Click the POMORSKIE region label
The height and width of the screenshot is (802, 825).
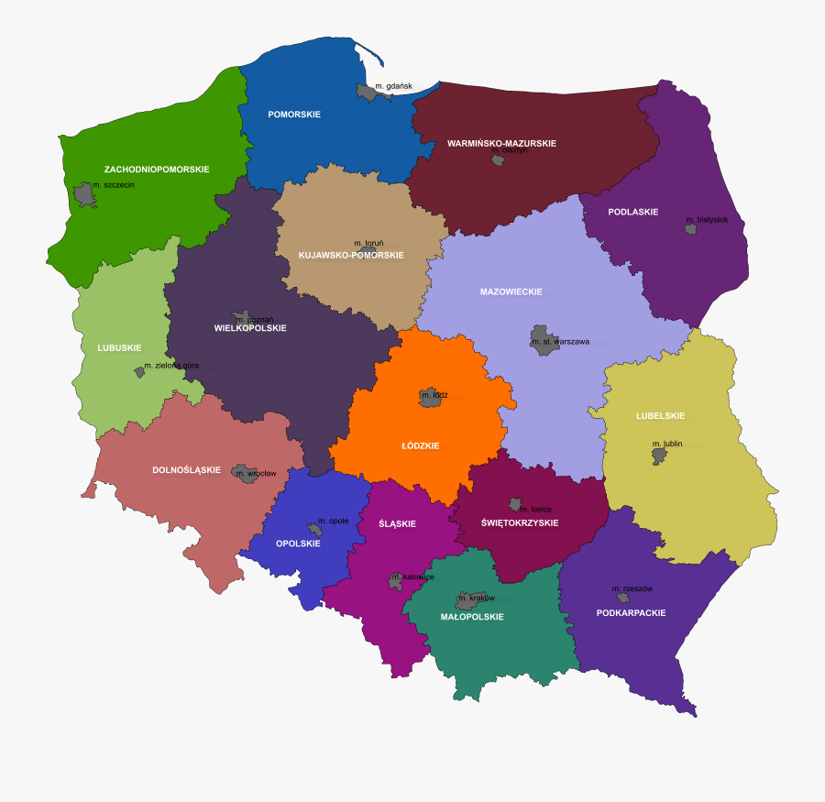click(293, 115)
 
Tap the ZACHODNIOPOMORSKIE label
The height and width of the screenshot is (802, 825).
click(157, 170)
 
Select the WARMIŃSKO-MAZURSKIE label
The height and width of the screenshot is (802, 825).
click(501, 144)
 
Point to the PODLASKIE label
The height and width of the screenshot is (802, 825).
click(632, 212)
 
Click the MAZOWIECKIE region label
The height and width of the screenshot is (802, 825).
click(511, 292)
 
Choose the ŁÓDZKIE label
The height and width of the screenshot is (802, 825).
click(421, 446)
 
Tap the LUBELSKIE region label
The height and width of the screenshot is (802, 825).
click(660, 416)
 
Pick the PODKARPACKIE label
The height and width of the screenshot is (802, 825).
click(631, 612)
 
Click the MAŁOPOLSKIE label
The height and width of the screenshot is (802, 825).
click(472, 617)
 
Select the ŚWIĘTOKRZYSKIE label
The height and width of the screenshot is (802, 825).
click(520, 522)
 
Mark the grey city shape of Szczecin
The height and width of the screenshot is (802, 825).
click(85, 193)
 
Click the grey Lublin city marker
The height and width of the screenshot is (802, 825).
click(659, 455)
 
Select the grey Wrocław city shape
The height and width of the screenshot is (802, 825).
click(246, 473)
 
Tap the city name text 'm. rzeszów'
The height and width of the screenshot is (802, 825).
click(632, 588)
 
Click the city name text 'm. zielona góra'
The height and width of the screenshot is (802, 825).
click(170, 366)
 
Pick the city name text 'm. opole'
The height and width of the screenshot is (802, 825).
click(333, 521)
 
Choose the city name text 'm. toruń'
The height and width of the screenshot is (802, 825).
click(368, 243)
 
